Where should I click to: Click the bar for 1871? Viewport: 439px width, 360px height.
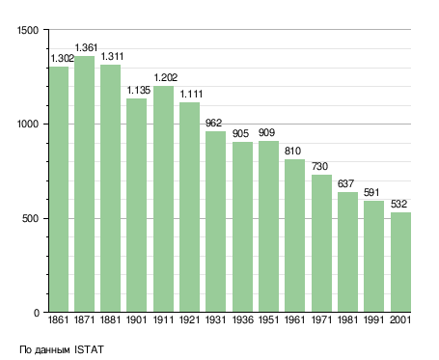click(x=85, y=184)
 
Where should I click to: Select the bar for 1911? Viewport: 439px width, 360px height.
click(x=163, y=199)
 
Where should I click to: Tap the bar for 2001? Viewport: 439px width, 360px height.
click(x=400, y=263)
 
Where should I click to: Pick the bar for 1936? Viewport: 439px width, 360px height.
click(x=242, y=227)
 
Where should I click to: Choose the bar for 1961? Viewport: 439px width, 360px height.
click(x=294, y=235)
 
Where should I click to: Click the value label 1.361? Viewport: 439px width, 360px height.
click(x=86, y=47)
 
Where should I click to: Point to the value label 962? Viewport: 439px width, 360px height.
click(x=213, y=123)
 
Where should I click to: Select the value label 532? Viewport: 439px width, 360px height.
click(x=398, y=204)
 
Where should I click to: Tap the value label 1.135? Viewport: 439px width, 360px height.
click(x=139, y=91)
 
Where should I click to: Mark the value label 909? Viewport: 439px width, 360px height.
click(x=266, y=132)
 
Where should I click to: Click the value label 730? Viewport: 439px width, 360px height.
click(x=319, y=166)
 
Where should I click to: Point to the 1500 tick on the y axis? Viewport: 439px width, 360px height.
click(x=28, y=30)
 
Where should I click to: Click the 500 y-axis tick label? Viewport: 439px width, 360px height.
click(x=30, y=218)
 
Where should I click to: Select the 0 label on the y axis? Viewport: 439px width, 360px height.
click(x=37, y=313)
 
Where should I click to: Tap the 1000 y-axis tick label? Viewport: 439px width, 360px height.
click(x=28, y=125)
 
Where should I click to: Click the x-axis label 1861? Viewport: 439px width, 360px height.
click(x=58, y=319)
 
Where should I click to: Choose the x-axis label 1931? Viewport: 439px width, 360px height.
click(x=215, y=319)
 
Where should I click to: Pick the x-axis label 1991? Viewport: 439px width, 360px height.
click(x=373, y=319)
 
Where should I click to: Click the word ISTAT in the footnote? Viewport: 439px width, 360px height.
click(x=89, y=349)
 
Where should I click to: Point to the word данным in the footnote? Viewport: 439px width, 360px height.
click(x=52, y=350)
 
